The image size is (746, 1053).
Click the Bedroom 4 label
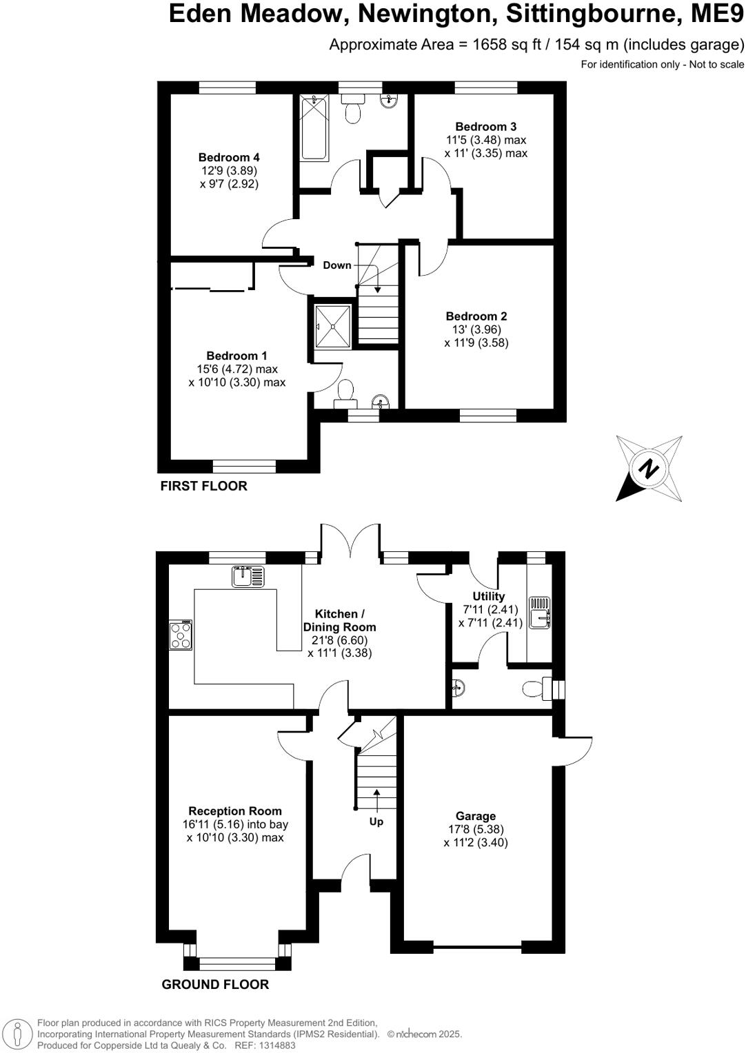[x=229, y=157]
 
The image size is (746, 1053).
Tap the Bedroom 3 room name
[x=485, y=127]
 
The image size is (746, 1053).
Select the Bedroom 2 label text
[x=476, y=316]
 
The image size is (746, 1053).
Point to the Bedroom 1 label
[x=236, y=356]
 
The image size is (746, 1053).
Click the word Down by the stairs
[x=337, y=265]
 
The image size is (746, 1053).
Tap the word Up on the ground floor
[x=376, y=821]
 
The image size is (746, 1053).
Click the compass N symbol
[x=648, y=469]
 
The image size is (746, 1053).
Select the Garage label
[x=475, y=816]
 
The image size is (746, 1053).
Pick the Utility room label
[x=488, y=596]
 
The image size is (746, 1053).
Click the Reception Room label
[x=235, y=811]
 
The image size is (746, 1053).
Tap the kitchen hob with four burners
[x=181, y=635]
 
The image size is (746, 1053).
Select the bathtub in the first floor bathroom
[x=314, y=129]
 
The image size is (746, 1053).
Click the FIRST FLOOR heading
[x=203, y=486]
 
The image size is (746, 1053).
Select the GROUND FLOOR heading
[x=215, y=984]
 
